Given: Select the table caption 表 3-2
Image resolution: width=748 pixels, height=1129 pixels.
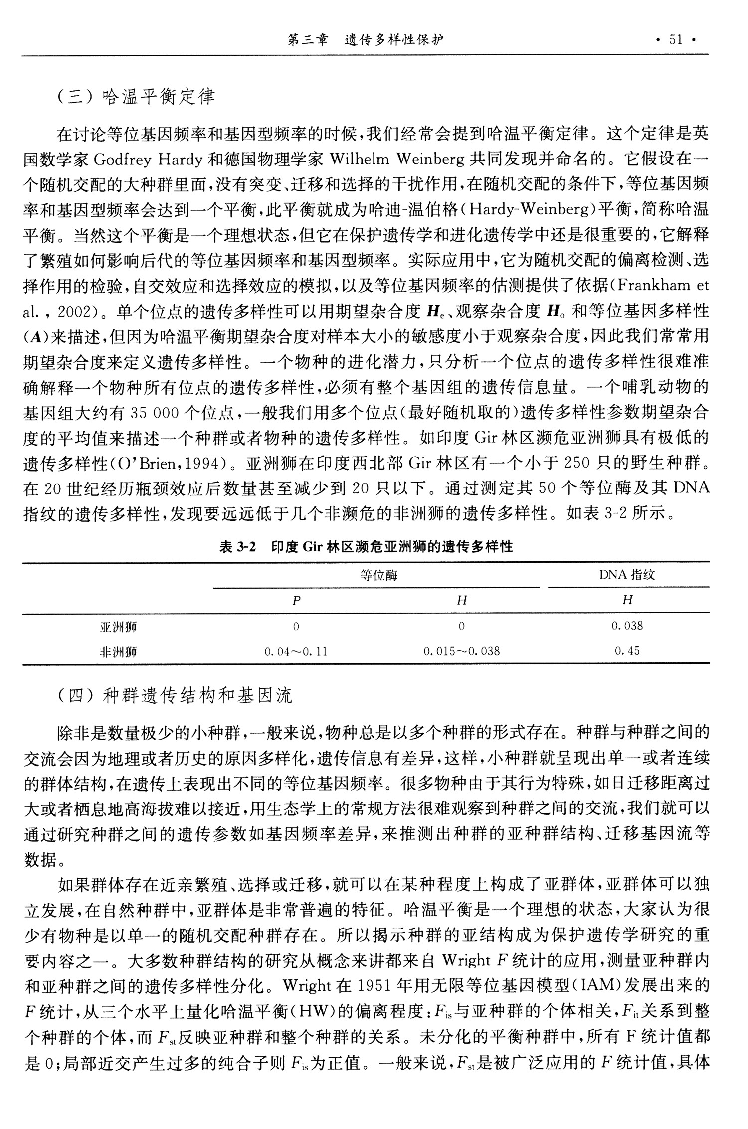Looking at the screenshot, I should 237,547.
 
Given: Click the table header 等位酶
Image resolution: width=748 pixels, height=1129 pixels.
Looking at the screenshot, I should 378,576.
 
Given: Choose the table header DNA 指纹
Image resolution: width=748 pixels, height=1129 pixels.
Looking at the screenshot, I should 627,575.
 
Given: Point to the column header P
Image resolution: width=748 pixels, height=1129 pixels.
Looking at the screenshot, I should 296,601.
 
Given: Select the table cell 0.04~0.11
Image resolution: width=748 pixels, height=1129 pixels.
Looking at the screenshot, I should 296,651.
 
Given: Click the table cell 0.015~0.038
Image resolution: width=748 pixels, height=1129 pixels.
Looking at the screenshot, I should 461,651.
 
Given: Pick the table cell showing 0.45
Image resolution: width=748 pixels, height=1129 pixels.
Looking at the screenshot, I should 627,651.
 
